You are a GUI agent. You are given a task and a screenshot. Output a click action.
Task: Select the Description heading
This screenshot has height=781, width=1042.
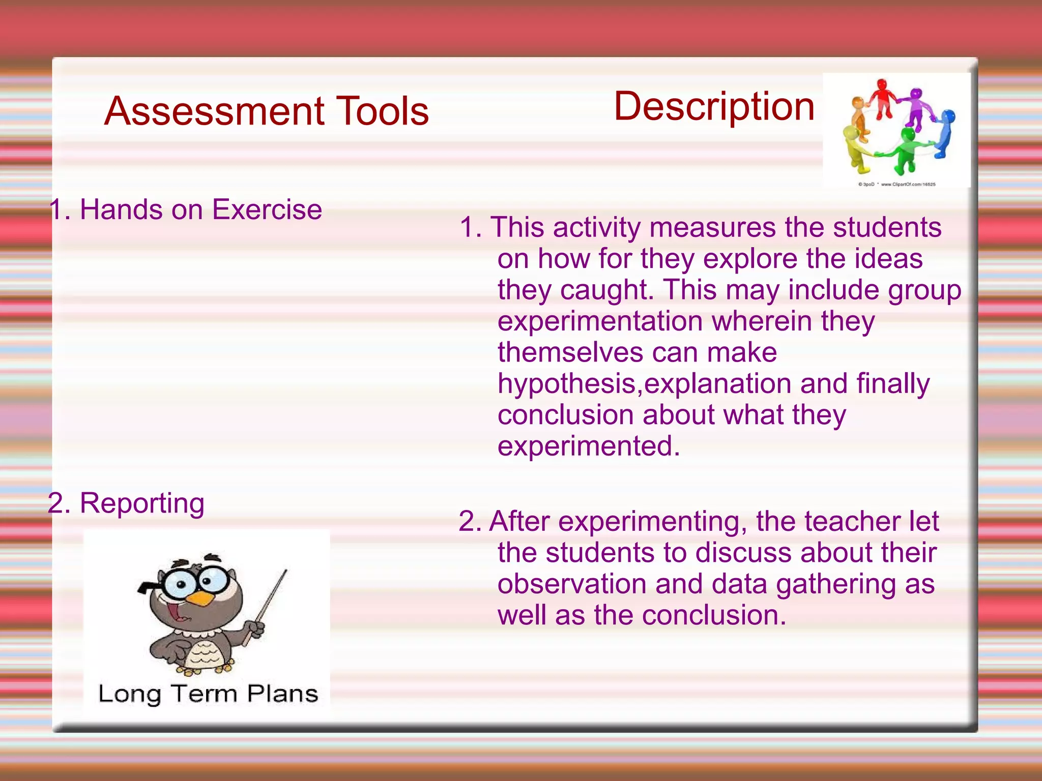(x=714, y=106)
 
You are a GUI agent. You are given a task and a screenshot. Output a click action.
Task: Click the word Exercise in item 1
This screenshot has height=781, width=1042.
(x=267, y=209)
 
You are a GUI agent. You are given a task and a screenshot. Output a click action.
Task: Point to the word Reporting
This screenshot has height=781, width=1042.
(x=142, y=503)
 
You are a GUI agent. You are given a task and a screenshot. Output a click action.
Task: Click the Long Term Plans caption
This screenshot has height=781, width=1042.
(x=208, y=694)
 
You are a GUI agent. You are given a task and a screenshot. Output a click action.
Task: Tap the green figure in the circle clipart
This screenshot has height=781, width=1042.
(x=906, y=150)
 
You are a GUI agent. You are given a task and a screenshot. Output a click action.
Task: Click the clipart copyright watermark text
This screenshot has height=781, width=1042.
(x=896, y=184)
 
